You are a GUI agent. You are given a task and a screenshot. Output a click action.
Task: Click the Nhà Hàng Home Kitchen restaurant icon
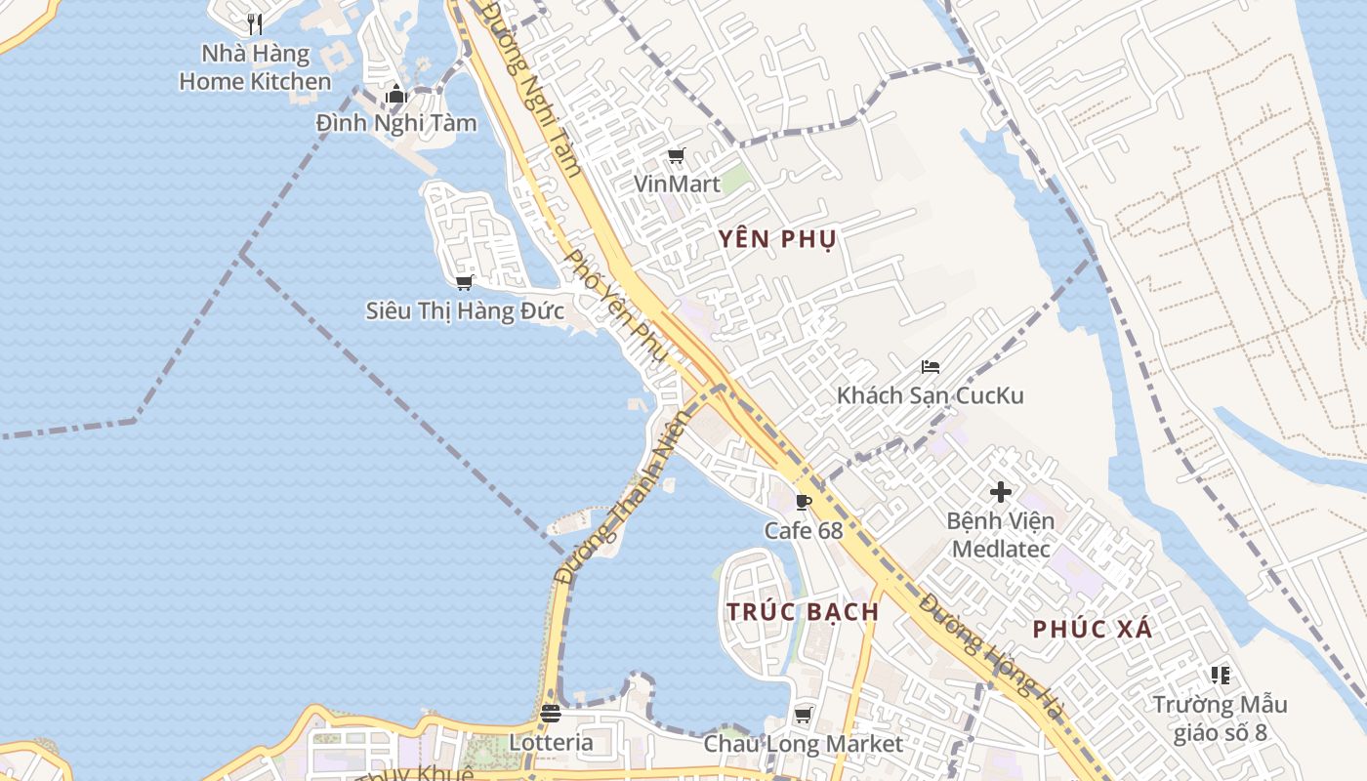[255, 22]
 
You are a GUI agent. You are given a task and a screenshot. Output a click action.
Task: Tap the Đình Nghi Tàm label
[396, 123]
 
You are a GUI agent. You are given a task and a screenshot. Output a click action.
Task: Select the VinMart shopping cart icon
[676, 155]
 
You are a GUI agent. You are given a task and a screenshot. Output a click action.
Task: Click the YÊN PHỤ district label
[777, 239]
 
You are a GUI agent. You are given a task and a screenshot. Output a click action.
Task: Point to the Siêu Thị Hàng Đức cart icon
[465, 282]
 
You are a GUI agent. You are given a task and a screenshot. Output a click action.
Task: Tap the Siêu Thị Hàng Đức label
[465, 311]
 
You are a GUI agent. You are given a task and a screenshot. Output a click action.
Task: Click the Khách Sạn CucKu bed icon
[930, 367]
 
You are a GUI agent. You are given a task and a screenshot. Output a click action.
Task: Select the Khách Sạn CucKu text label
[930, 395]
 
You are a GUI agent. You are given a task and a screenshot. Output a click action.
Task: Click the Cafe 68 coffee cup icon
[803, 502]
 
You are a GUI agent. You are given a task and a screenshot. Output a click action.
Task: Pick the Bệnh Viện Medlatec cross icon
[1001, 492]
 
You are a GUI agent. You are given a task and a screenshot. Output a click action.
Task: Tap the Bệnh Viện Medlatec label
[1001, 535]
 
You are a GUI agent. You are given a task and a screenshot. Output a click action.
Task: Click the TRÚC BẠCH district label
[803, 612]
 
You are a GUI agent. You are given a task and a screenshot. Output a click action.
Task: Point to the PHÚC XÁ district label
[1093, 630]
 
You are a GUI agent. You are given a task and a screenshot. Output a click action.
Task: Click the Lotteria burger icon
[551, 714]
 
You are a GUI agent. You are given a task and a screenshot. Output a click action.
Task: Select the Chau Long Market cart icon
[804, 715]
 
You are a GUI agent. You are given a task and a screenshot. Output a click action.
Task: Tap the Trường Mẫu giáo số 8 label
[1220, 718]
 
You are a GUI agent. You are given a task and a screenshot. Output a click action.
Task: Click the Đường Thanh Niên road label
[622, 497]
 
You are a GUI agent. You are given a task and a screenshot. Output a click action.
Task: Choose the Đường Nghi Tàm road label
[533, 89]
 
